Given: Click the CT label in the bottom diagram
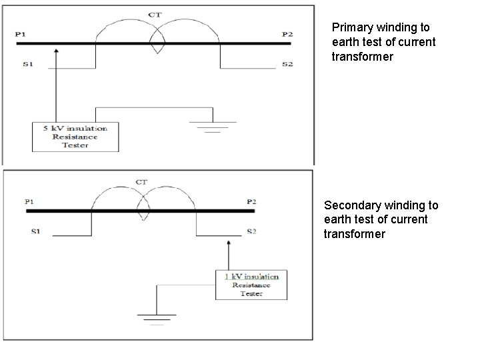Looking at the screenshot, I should (x=141, y=182).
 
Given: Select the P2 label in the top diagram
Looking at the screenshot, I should (x=287, y=33).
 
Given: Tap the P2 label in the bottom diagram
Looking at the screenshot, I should (x=251, y=201).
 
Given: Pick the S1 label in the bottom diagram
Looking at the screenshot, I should (x=35, y=233).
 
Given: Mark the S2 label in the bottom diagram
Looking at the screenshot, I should (x=251, y=231).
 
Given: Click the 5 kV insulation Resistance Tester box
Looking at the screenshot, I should (x=75, y=137).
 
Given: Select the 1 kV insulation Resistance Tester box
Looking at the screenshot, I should (x=251, y=285).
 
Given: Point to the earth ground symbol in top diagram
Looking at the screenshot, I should (x=212, y=125).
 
